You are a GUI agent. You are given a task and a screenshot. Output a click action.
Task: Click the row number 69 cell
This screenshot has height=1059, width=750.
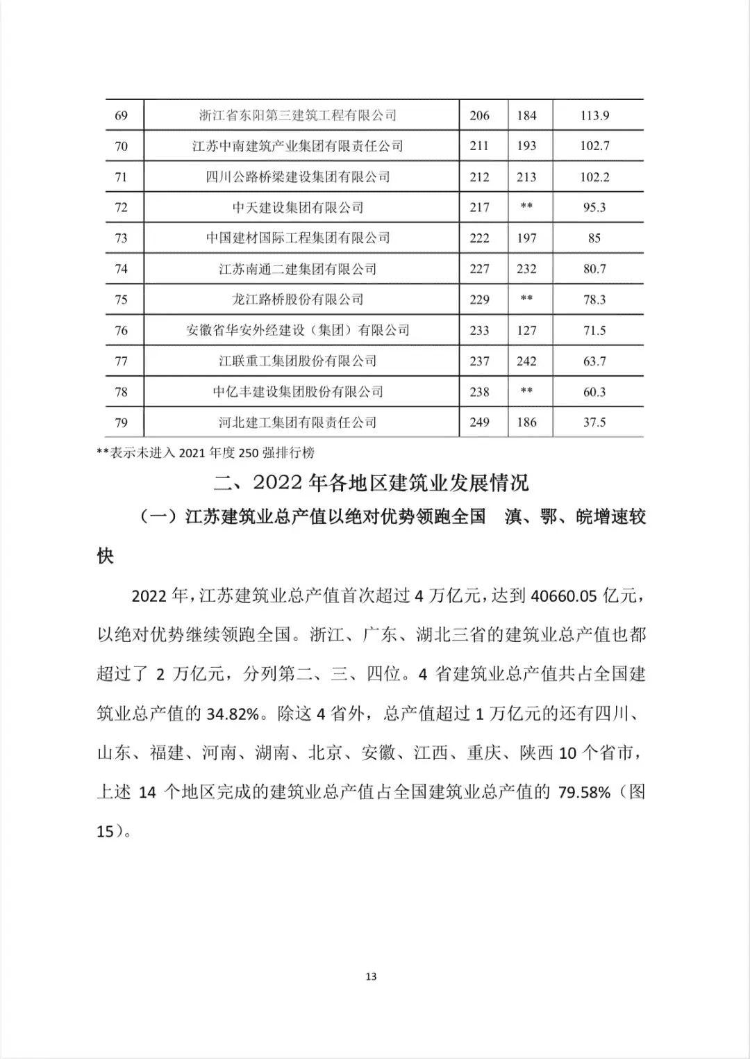coord(121,115)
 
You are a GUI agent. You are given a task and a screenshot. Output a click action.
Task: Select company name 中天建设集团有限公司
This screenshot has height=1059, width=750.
coord(298,207)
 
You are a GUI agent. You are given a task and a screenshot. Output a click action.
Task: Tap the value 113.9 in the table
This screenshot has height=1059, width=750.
coord(594,115)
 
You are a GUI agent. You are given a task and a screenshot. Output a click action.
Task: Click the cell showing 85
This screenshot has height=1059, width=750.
coord(594,238)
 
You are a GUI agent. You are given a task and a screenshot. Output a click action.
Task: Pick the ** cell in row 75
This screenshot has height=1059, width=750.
coord(526,299)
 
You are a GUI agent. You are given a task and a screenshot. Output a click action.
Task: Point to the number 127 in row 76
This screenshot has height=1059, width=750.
coord(526,330)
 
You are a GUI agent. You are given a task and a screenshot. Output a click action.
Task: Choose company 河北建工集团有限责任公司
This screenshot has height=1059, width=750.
coord(298,422)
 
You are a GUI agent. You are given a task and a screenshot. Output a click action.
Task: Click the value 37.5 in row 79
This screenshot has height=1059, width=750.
coord(594,422)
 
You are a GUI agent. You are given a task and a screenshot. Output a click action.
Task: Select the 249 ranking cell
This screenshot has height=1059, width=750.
coord(479,422)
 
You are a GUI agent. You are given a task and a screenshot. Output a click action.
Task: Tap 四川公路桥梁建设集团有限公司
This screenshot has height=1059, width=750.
coord(298,176)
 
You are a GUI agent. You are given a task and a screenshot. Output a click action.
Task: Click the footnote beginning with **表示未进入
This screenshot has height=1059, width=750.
coord(206,453)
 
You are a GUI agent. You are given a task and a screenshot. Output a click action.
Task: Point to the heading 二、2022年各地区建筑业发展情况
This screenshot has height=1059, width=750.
coord(371,482)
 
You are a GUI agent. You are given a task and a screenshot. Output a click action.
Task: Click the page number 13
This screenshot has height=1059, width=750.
coord(371,976)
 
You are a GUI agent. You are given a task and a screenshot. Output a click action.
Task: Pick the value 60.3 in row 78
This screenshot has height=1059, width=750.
coord(594,392)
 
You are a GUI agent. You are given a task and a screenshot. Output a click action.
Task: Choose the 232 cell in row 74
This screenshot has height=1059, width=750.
coord(526,269)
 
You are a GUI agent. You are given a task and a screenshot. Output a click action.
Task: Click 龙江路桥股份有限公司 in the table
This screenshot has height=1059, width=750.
coord(298,299)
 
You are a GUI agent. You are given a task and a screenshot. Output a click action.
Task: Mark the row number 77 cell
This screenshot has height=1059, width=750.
coord(121,361)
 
